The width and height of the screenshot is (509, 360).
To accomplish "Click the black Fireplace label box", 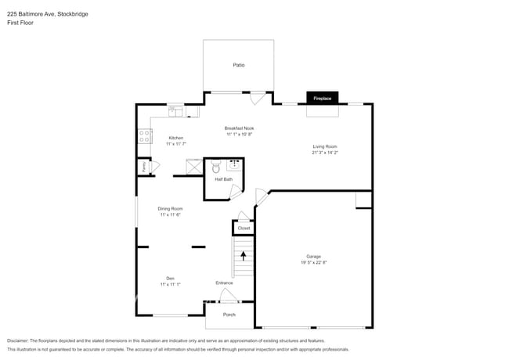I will coord(323,99).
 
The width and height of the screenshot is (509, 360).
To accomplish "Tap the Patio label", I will coord(238,65).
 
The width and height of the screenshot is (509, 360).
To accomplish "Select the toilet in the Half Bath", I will coord(216,167).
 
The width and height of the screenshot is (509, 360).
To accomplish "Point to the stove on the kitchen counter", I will coord(145,136).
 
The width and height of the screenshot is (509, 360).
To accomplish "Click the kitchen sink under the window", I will coord(175,113).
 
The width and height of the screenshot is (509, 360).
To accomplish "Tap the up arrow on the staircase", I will coord(244,255).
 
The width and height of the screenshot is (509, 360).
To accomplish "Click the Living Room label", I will coord(325,146).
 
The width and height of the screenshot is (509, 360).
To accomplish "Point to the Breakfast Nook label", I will coord(239,128).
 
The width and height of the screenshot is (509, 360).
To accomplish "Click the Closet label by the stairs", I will coord(244,228).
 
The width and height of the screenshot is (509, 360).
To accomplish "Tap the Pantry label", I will coord(144,167).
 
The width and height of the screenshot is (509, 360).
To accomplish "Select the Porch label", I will coord(229,315).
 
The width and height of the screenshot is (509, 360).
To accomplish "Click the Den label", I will coord(170,278).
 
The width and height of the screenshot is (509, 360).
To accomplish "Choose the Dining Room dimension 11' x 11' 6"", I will coord(170,215).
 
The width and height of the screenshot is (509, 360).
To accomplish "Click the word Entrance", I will coord(224,283).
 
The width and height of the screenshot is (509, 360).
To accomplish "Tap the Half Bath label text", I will coord(224,179).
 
